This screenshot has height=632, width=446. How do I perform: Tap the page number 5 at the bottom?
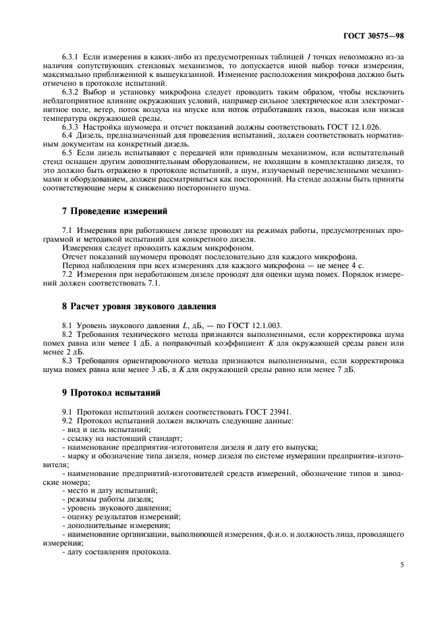point(401,564)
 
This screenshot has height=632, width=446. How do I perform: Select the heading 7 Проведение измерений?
point(106,214)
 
